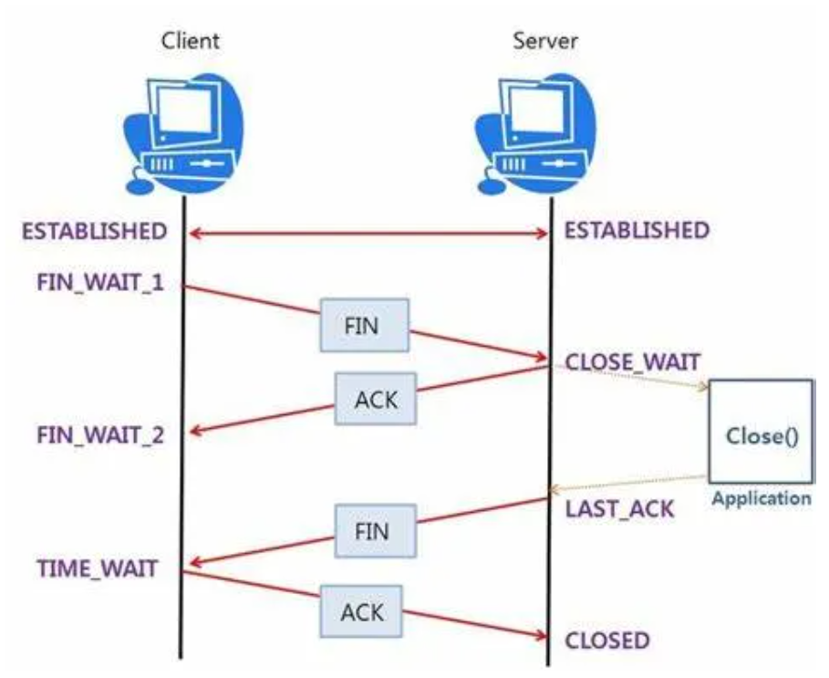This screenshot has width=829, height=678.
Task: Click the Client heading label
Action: point(190,40)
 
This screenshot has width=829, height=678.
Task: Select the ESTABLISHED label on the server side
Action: point(637,231)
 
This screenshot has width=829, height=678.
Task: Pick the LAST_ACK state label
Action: point(619,507)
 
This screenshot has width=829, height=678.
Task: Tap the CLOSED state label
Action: point(607,640)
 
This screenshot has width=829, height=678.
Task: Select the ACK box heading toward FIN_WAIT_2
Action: point(375,398)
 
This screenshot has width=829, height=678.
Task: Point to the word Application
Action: point(761,499)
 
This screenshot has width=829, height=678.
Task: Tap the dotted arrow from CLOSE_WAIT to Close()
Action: point(629,377)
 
